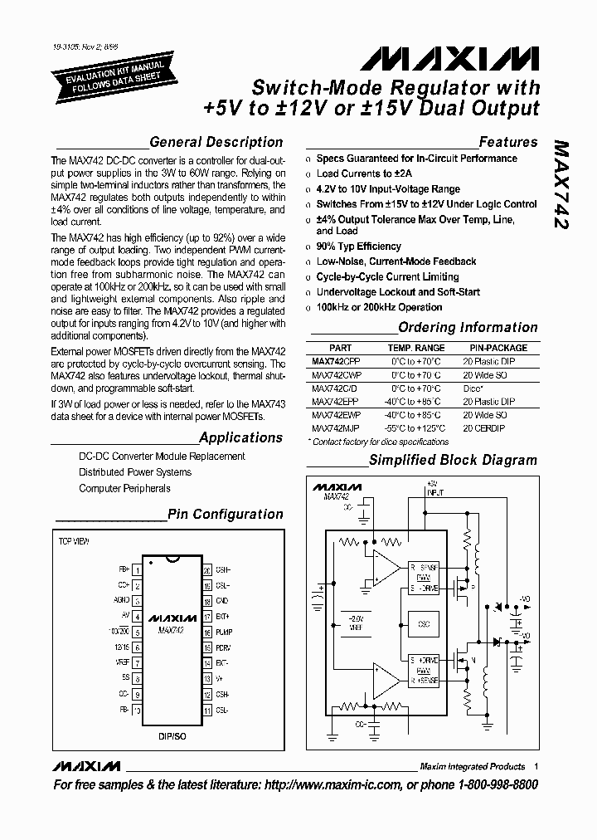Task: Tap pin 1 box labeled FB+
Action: coord(138,570)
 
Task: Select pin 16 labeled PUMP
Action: coord(206,632)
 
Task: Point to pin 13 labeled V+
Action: coord(206,678)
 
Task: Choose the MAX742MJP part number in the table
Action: coord(337,428)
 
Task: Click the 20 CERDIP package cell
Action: coord(484,428)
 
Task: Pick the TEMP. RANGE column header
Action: coord(416,348)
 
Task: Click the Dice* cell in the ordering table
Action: coord(473,388)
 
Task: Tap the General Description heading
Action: coord(216,142)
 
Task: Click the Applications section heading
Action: coord(240,437)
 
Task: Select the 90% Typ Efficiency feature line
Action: coord(358,247)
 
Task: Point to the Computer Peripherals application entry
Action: coord(124,489)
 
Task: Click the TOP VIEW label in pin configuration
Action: coord(74,540)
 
